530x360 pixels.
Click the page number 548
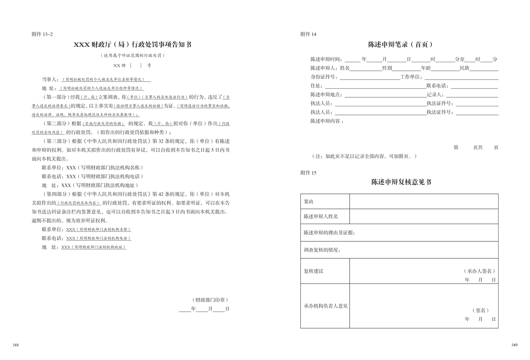16,345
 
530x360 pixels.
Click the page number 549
514,345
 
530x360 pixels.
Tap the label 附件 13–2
42,34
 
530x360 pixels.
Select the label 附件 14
308,34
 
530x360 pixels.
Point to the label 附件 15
308,173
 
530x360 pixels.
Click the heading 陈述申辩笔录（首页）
401,44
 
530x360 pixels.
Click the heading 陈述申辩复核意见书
401,182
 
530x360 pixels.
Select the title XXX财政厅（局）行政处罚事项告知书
132,44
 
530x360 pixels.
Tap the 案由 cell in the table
309,202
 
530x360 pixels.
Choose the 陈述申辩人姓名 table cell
321,217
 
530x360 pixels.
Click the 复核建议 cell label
313,271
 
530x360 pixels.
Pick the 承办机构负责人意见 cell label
325,306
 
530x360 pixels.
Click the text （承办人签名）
479,271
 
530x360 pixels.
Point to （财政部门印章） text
210,300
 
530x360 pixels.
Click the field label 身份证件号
323,77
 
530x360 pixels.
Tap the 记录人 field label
435,95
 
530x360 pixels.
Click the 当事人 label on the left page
50,80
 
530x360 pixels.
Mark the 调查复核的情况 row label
322,250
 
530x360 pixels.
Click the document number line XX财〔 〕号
132,66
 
